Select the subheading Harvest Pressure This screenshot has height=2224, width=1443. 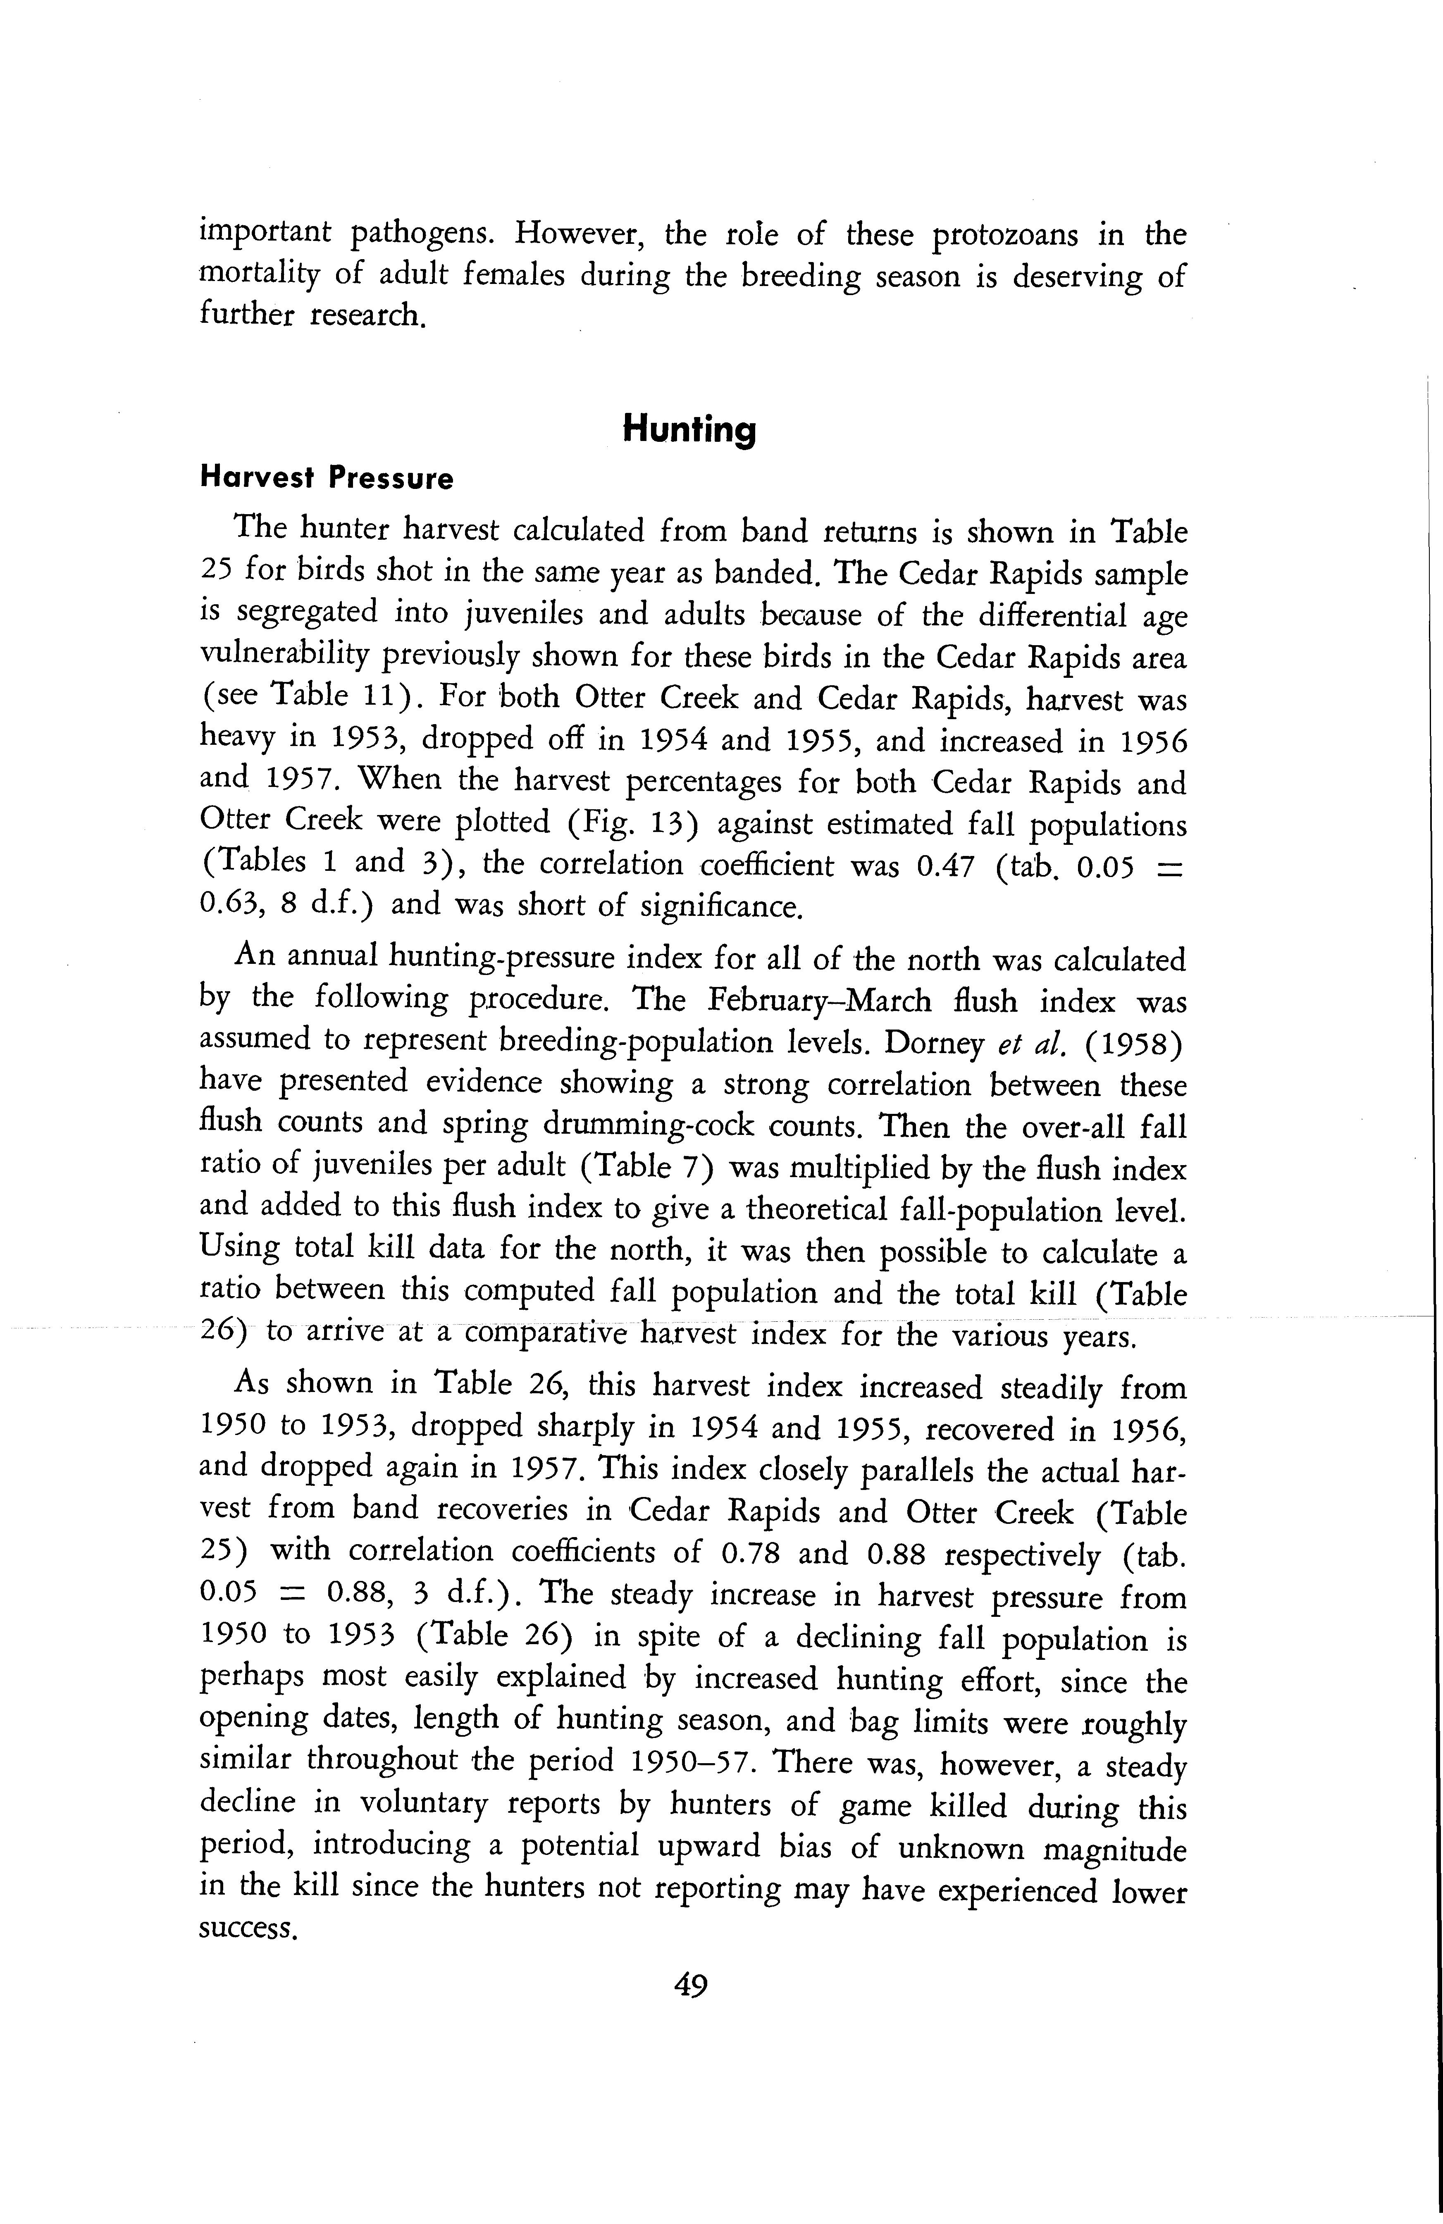coord(327,479)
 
